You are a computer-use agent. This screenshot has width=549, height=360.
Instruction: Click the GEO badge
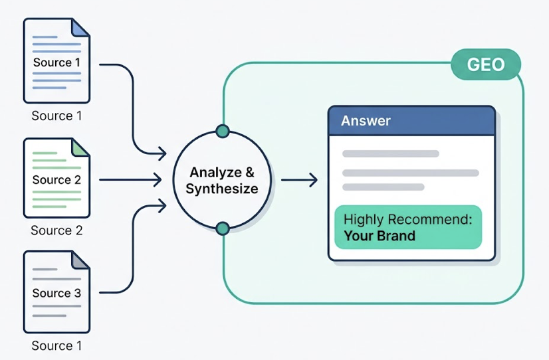485,65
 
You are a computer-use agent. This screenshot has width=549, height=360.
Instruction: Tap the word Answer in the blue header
366,121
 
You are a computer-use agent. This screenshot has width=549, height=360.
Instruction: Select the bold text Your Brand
379,236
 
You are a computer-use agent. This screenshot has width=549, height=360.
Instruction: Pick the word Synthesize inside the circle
222,189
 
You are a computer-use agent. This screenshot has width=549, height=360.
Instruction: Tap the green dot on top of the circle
223,131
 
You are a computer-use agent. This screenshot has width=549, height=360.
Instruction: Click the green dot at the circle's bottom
223,228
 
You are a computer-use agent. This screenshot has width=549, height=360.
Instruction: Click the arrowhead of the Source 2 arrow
158,179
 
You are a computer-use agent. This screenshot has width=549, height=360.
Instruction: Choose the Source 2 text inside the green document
56,180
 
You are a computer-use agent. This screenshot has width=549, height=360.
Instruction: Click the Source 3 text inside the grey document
56,293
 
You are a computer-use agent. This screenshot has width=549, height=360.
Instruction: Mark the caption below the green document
56,230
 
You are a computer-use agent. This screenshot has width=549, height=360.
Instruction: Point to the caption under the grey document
56,345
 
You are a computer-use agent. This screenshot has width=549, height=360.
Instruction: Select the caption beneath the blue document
56,116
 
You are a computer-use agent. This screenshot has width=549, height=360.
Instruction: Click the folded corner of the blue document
81,27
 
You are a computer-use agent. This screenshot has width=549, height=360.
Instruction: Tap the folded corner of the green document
81,146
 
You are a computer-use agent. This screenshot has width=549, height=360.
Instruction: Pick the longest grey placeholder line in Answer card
410,173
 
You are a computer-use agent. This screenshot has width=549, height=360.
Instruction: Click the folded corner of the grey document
81,260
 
